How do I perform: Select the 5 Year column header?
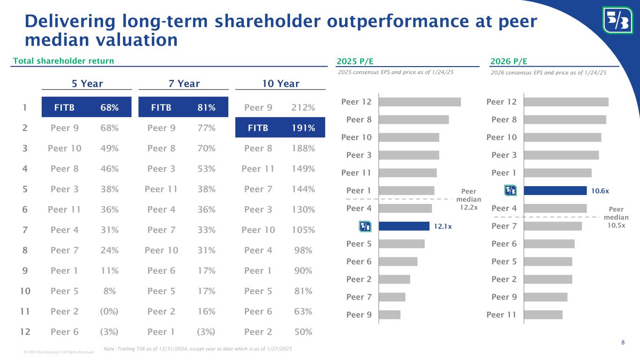[x=87, y=84]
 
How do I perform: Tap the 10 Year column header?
[x=280, y=84]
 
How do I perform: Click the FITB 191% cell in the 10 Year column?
[x=280, y=128]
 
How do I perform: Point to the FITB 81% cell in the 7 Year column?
[x=183, y=108]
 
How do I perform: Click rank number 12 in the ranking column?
[x=25, y=332]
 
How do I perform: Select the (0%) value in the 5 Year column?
[x=109, y=312]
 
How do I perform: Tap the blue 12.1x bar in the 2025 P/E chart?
[x=404, y=226]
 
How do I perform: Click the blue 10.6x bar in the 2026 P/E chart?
[x=555, y=190]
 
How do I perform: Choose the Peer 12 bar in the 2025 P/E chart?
[x=420, y=102]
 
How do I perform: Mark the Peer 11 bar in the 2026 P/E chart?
[x=543, y=315]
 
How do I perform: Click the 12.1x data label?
[x=443, y=226]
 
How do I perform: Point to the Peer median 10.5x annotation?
[x=616, y=217]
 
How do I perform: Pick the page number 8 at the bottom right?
[x=623, y=342]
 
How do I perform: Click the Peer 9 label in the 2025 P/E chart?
[x=359, y=315]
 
